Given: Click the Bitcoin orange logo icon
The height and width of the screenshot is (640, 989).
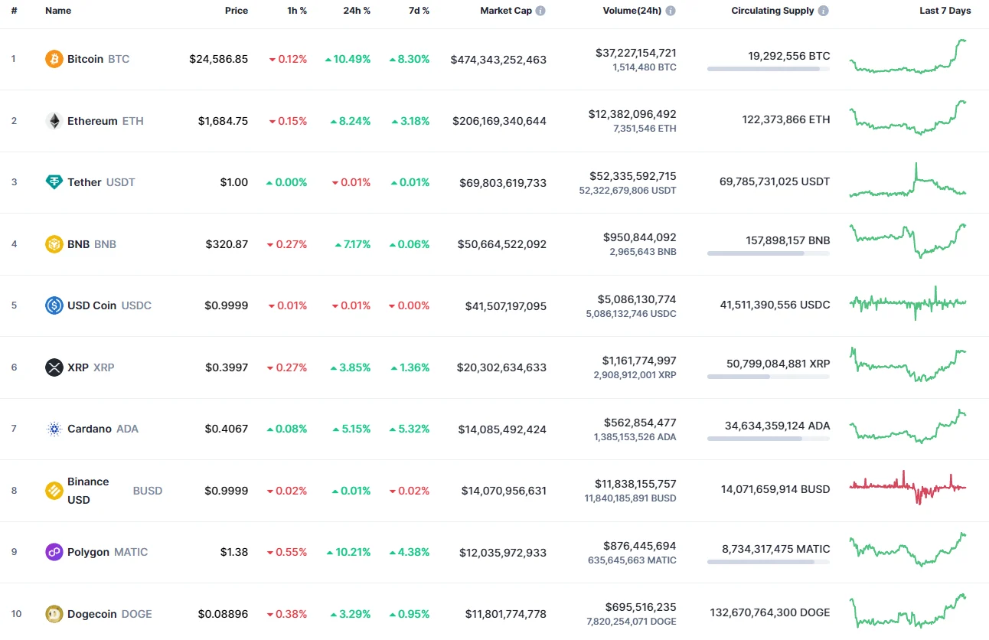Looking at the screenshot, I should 54,59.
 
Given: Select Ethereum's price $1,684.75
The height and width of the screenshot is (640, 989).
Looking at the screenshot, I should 223,121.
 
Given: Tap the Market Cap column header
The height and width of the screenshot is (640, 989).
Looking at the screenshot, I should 506,11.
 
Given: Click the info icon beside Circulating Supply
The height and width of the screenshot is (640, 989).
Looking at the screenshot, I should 823,11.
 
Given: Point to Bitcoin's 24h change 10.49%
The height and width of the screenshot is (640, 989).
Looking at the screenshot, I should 348,59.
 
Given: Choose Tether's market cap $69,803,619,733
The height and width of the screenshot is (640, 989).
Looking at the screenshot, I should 503,182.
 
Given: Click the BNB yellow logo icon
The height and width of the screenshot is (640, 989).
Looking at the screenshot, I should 54,244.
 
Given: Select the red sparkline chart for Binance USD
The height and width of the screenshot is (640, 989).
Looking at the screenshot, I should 908,486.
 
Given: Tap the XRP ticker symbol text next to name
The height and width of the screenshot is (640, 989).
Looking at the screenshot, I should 103,367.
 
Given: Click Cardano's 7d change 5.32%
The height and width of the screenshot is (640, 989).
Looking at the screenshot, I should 409,429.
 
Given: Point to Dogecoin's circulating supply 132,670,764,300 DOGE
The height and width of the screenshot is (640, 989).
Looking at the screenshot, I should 769,612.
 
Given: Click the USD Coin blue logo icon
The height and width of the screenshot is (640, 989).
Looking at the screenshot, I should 54,305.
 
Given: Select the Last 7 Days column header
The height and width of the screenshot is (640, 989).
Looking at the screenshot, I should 945,11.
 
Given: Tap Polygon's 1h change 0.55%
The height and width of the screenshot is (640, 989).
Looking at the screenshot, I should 287,552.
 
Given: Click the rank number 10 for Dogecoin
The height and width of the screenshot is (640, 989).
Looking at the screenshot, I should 16,614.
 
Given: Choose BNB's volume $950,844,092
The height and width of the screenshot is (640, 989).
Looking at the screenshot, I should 639,237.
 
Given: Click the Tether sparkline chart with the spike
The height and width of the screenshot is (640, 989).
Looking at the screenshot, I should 908,182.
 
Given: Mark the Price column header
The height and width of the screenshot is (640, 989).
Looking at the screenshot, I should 236,11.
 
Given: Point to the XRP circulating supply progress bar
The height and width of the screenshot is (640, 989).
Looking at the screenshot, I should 768,377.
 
